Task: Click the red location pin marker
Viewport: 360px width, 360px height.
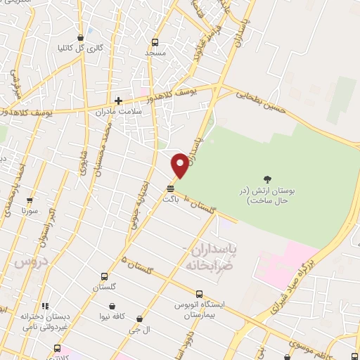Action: click(180, 165)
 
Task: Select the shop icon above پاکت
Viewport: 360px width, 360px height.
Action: click(170, 188)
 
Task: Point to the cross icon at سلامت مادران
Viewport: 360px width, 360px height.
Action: click(118, 101)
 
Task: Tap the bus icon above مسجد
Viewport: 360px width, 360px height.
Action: click(155, 41)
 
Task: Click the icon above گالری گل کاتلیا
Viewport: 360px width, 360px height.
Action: click(81, 38)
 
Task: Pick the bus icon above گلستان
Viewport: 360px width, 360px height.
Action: click(105, 276)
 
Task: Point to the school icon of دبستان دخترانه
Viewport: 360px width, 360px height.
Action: click(46, 306)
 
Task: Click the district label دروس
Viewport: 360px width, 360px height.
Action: click(28, 262)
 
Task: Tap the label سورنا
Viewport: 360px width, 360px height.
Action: click(30, 210)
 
